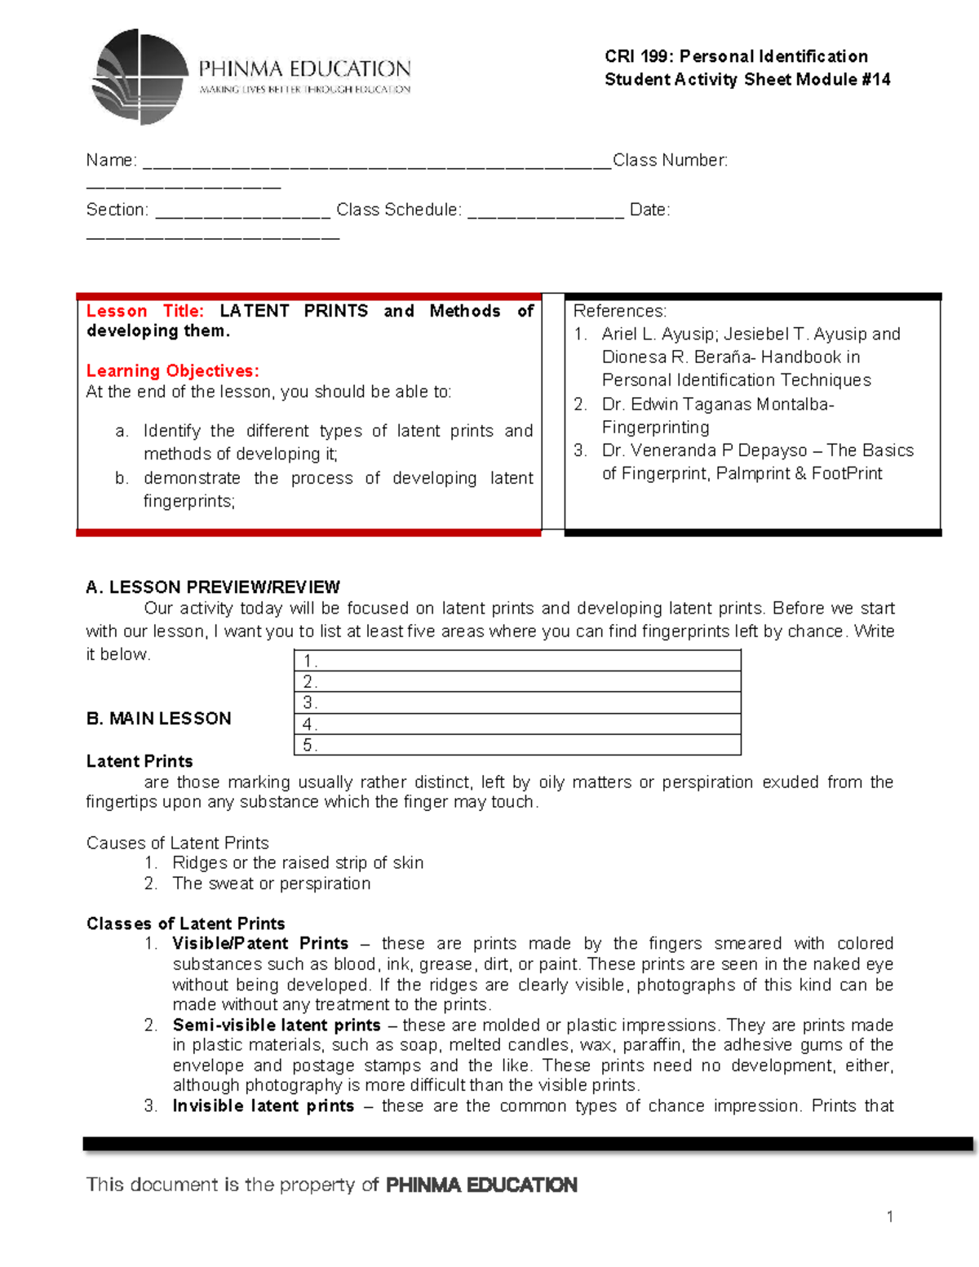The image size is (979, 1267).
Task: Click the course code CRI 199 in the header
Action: (638, 56)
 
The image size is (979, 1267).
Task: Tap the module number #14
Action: (875, 79)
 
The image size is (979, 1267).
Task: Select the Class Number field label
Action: (670, 160)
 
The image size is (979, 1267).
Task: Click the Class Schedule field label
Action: (399, 210)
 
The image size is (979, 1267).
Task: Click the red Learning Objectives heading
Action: (172, 370)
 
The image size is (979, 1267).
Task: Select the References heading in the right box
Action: (619, 311)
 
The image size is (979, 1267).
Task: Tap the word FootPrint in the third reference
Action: (847, 473)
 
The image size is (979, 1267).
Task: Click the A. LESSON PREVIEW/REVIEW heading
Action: (213, 587)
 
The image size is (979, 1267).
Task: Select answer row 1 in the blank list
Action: (517, 661)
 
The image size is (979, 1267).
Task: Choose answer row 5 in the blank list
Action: (517, 745)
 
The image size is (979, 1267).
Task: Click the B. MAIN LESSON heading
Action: (158, 718)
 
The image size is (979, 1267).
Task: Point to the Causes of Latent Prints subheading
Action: (177, 843)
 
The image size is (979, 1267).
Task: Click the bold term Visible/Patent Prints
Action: (260, 943)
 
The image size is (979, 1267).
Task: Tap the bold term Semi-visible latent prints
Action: (277, 1025)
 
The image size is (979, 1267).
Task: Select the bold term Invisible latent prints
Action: (264, 1105)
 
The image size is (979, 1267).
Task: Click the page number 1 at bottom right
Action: (889, 1216)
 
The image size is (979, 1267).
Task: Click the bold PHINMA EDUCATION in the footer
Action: (481, 1185)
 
